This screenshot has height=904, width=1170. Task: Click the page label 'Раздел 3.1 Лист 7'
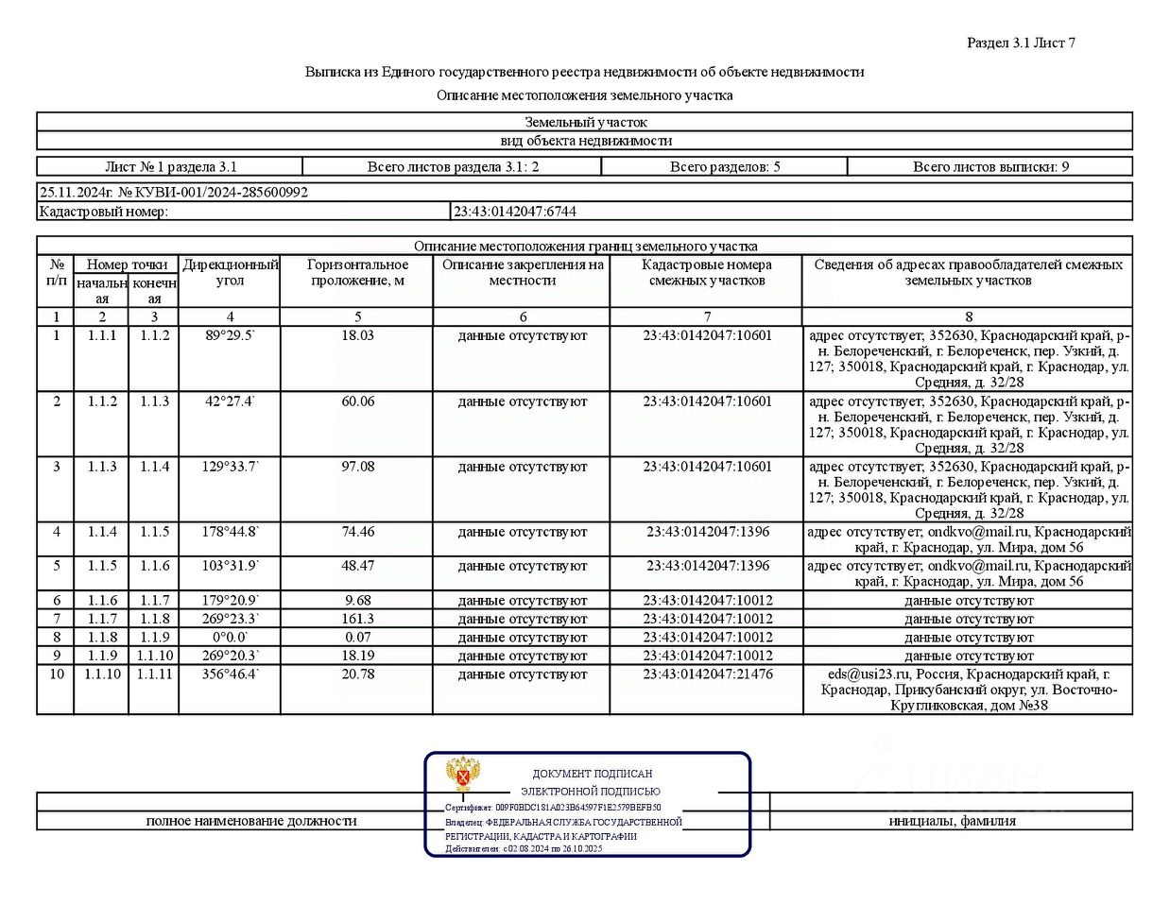point(1021,43)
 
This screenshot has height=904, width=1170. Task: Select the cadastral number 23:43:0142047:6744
point(515,212)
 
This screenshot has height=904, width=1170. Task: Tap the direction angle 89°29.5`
point(230,335)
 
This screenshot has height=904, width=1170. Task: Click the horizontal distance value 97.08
point(357,467)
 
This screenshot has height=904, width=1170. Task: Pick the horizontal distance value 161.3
point(357,619)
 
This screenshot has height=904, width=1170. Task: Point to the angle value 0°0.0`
point(230,638)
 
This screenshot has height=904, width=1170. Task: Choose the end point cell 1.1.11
point(154,674)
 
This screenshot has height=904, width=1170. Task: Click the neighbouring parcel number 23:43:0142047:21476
point(707,674)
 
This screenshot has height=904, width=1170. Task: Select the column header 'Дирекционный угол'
point(230,272)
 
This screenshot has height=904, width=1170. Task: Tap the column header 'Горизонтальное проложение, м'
point(357,272)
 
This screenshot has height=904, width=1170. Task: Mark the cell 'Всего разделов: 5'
point(724,167)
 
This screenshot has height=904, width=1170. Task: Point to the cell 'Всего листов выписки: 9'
point(990,167)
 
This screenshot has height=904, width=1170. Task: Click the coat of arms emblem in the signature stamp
point(463,775)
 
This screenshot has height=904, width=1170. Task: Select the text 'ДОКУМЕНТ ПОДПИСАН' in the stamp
point(592,774)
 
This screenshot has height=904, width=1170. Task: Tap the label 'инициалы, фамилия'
point(952,821)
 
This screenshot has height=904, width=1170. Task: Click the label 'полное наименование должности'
point(250,821)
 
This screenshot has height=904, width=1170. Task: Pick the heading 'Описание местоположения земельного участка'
point(584,95)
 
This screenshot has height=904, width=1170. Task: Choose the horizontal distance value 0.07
point(357,638)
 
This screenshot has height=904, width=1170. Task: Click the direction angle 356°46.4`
point(230,674)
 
